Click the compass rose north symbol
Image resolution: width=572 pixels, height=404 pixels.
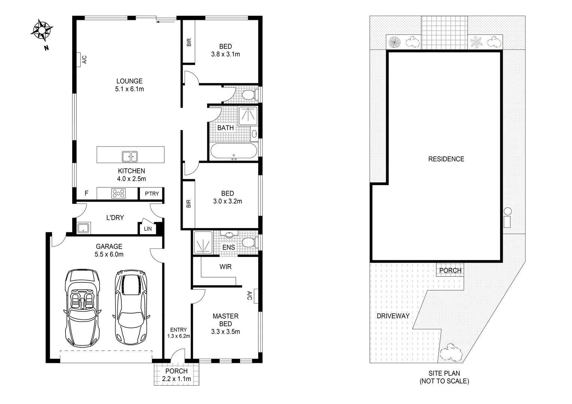pyautogui.click(x=42, y=30)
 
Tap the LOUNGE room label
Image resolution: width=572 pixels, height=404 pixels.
pyautogui.click(x=129, y=81)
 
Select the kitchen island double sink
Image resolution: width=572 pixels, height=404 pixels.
pyautogui.click(x=130, y=156)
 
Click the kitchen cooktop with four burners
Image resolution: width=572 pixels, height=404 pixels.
pyautogui.click(x=119, y=193)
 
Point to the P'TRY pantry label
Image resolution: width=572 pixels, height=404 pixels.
pyautogui.click(x=152, y=193)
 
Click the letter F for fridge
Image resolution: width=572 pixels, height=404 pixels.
pyautogui.click(x=86, y=193)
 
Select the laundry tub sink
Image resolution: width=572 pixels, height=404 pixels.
pyautogui.click(x=83, y=228)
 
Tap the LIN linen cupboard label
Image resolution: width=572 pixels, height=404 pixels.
pyautogui.click(x=148, y=229)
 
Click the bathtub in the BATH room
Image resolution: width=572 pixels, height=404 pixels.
pyautogui.click(x=234, y=151)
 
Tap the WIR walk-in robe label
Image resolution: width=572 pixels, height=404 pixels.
pyautogui.click(x=225, y=267)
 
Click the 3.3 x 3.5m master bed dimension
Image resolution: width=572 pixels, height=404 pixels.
pyautogui.click(x=225, y=331)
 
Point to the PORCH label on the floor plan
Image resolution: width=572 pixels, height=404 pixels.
pyautogui.click(x=176, y=371)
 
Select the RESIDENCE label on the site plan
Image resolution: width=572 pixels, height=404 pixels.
pyautogui.click(x=446, y=159)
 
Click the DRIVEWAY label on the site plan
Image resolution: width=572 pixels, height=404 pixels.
pyautogui.click(x=393, y=316)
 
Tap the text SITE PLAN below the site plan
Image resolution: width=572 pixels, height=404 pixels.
pyautogui.click(x=444, y=373)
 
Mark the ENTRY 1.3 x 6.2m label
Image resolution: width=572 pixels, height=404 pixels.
pyautogui.click(x=179, y=333)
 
